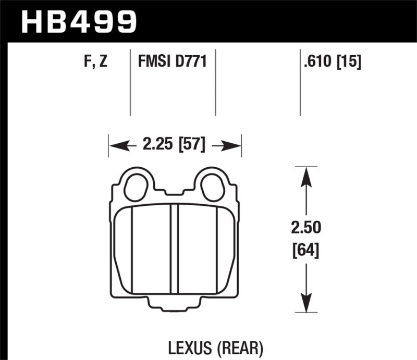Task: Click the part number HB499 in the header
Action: (78, 22)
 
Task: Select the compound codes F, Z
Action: (96, 63)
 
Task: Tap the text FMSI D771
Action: (173, 63)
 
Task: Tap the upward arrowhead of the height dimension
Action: (306, 177)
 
